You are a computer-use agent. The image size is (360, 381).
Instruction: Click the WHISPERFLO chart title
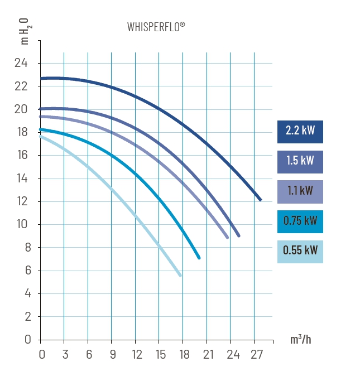pyautogui.click(x=155, y=27)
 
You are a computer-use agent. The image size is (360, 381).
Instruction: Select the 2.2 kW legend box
pyautogui.click(x=300, y=132)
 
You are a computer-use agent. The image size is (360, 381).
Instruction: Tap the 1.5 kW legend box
pyautogui.click(x=300, y=161)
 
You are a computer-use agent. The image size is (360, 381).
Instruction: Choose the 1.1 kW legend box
pyautogui.click(x=300, y=190)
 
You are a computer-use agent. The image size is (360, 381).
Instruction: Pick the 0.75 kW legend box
pyautogui.click(x=300, y=220)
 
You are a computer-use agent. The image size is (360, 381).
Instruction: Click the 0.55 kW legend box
pyautogui.click(x=300, y=250)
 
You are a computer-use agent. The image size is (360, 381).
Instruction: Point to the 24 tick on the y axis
pyautogui.click(x=21, y=63)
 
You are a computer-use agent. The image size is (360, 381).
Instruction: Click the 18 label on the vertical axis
pyautogui.click(x=21, y=132)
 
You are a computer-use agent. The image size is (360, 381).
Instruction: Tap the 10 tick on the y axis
pyautogui.click(x=21, y=224)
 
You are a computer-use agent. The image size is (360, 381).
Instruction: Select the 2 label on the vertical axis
pyautogui.click(x=24, y=316)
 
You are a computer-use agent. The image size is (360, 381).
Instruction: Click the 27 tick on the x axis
pyautogui.click(x=256, y=354)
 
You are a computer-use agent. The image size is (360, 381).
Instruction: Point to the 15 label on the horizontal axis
pyautogui.click(x=160, y=354)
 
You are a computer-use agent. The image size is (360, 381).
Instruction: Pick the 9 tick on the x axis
pyautogui.click(x=113, y=354)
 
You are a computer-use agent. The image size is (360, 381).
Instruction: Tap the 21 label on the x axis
pyautogui.click(x=208, y=354)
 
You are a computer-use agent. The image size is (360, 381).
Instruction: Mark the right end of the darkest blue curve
pyautogui.click(x=260, y=200)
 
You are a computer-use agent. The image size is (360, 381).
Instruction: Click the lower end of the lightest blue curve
pyautogui.click(x=180, y=275)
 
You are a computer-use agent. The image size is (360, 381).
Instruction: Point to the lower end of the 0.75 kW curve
pyautogui.click(x=199, y=258)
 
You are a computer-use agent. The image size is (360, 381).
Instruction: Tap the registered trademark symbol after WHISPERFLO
pyautogui.click(x=182, y=24)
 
